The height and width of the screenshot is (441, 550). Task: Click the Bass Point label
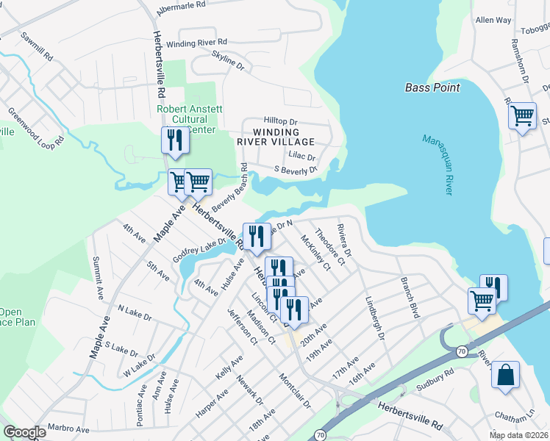pyautogui.click(x=432, y=87)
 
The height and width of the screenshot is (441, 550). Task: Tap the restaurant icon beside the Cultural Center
pyautogui.click(x=175, y=140)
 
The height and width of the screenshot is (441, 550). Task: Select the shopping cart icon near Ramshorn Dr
pyautogui.click(x=521, y=115)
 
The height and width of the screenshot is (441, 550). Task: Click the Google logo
pyautogui.click(x=24, y=432)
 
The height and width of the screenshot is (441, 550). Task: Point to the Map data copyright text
pyautogui.click(x=518, y=435)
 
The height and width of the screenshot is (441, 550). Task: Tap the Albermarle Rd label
pyautogui.click(x=188, y=10)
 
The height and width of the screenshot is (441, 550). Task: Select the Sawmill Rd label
pyautogui.click(x=37, y=46)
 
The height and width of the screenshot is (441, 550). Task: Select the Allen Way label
pyautogui.click(x=493, y=21)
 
